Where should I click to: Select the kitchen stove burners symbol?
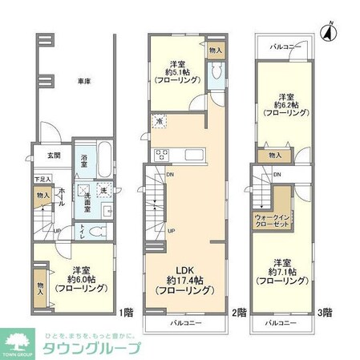[160, 153]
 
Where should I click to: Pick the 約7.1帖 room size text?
[282, 272]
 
